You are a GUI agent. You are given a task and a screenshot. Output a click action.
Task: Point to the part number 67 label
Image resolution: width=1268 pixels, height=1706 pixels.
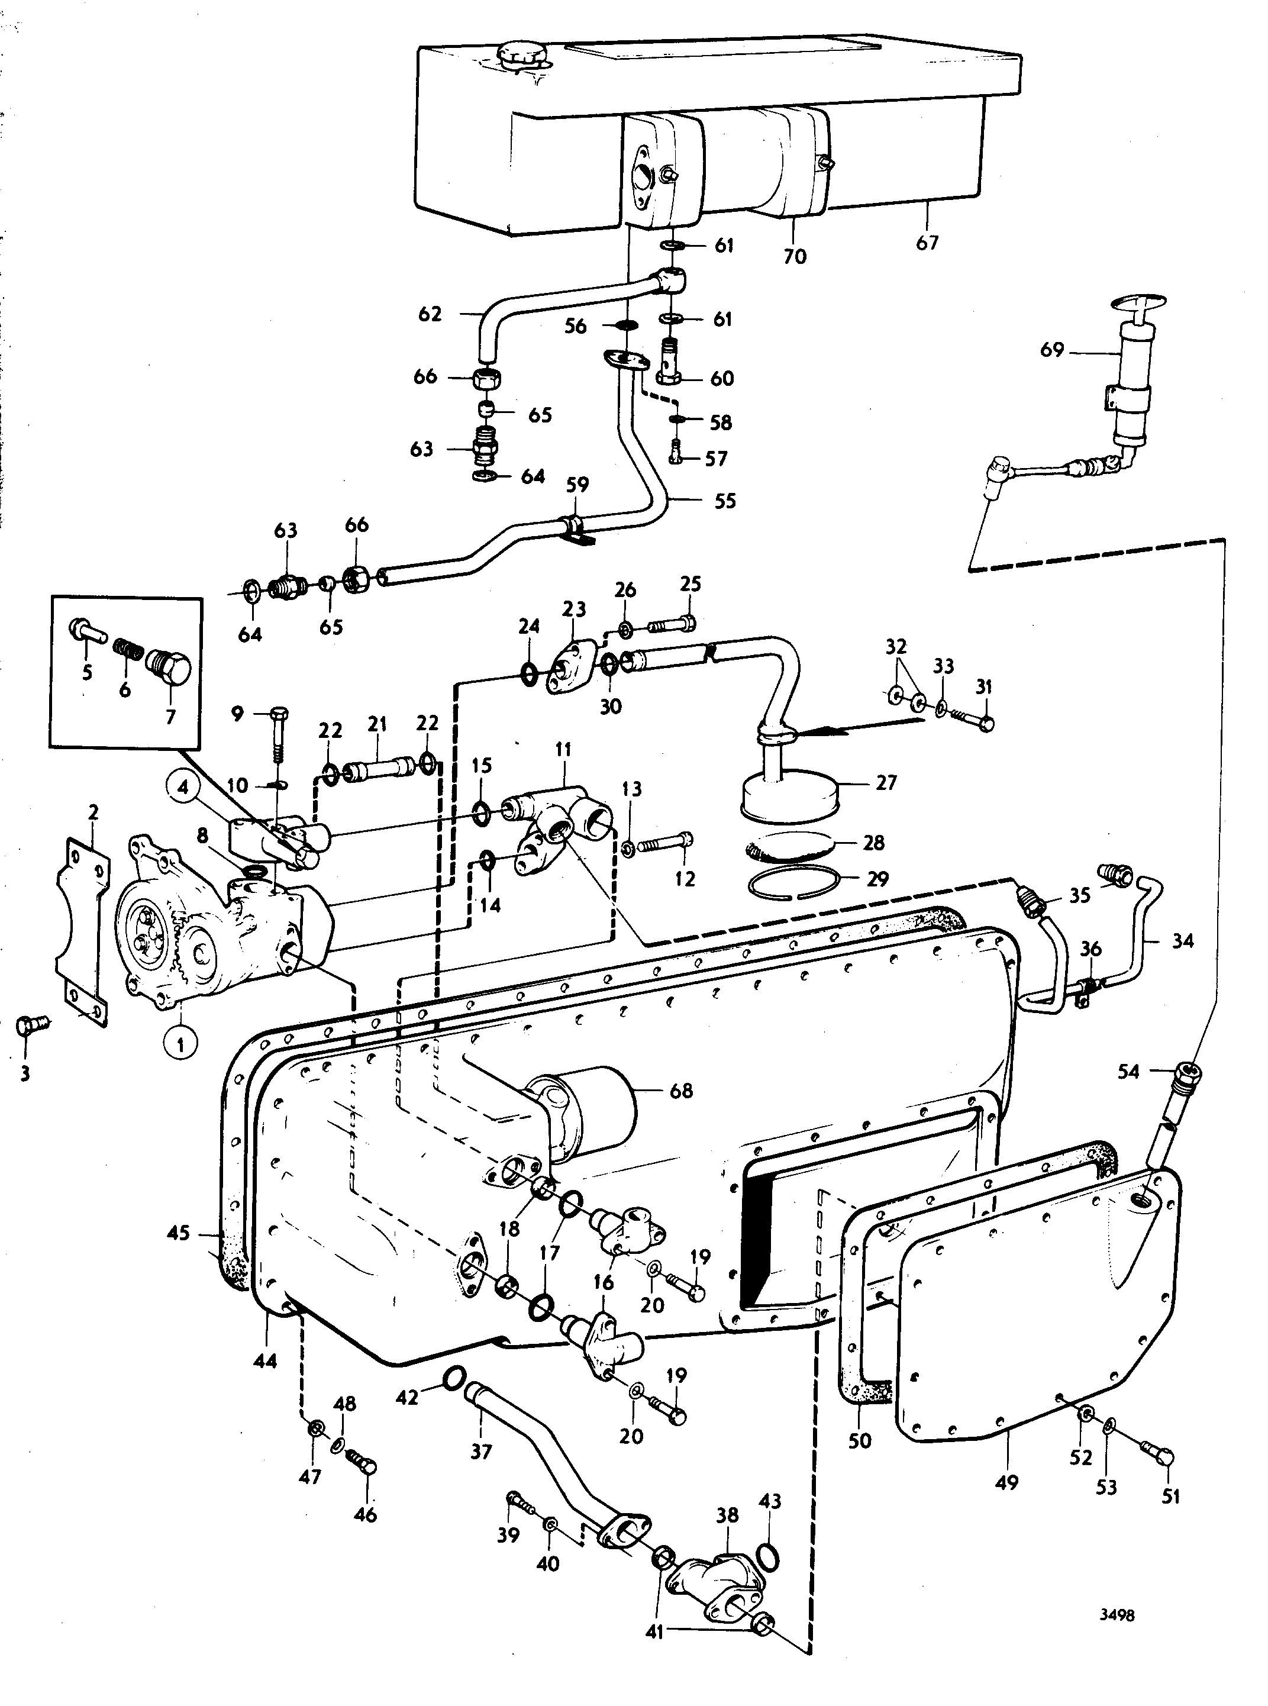pos(927,243)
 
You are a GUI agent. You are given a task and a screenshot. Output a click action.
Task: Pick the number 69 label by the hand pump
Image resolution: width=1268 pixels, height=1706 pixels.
pos(1051,350)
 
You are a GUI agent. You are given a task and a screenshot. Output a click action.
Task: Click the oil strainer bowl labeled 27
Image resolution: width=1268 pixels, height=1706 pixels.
pos(791,790)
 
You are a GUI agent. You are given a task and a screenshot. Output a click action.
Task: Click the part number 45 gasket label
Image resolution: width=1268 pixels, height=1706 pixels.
pos(178,1235)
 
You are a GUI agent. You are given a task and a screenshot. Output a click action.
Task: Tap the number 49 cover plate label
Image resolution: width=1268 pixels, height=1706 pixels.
pos(1006,1482)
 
